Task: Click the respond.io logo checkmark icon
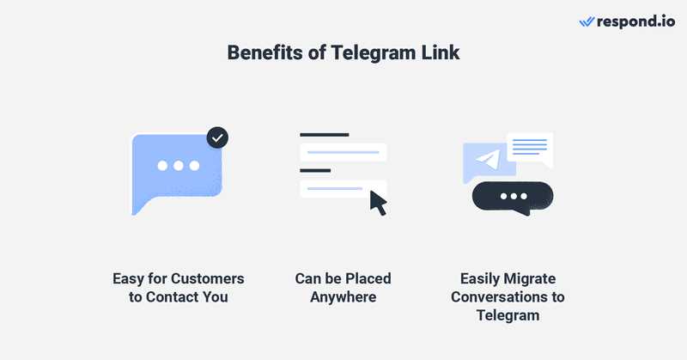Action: click(x=587, y=22)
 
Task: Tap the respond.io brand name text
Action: click(x=635, y=21)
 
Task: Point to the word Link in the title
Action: click(x=441, y=52)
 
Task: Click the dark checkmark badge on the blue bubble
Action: click(x=217, y=137)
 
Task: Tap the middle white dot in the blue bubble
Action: click(x=179, y=166)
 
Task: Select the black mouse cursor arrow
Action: click(x=379, y=203)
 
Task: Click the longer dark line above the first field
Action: click(x=325, y=135)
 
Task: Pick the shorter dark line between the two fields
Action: click(x=315, y=171)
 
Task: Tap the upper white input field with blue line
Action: click(x=343, y=152)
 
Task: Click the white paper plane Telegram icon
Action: click(x=489, y=160)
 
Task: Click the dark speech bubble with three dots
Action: click(x=513, y=198)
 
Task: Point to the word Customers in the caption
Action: click(x=208, y=278)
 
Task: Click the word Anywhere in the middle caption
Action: click(x=343, y=297)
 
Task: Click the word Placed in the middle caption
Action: click(x=368, y=278)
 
